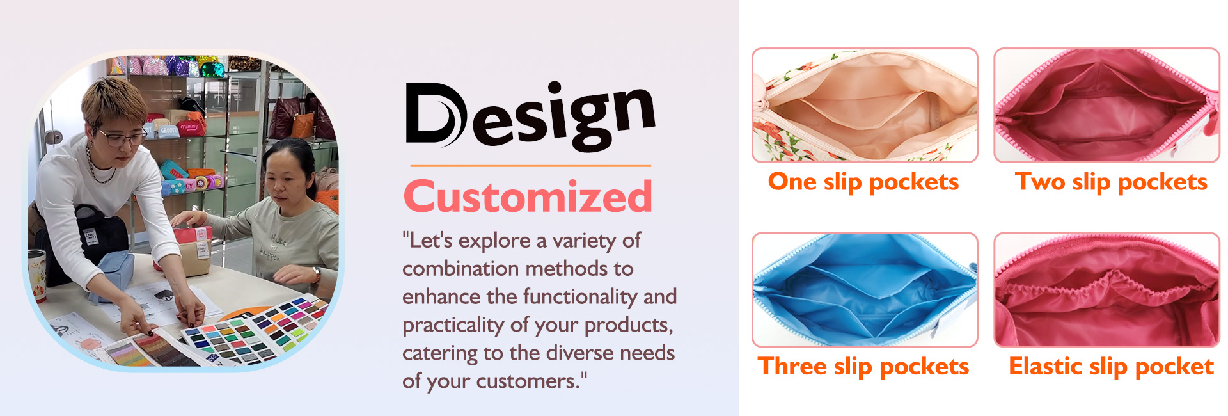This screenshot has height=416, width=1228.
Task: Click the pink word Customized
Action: pyautogui.click(x=528, y=196)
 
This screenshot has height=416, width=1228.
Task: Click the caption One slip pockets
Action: pyautogui.click(x=863, y=182)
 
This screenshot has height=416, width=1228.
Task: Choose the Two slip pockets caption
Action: pyautogui.click(x=1111, y=182)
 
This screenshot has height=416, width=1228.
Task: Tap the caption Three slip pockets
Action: pyautogui.click(x=863, y=367)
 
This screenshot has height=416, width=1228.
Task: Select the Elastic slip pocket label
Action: pyautogui.click(x=1111, y=367)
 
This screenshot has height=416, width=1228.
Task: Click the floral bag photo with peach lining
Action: pyautogui.click(x=865, y=105)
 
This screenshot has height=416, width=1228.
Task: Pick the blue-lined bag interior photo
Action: pyautogui.click(x=865, y=290)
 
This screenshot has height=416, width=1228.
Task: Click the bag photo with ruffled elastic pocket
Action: pyautogui.click(x=1106, y=290)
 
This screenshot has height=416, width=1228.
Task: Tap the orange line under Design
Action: pyautogui.click(x=530, y=166)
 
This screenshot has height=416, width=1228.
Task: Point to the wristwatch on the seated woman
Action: pyautogui.click(x=316, y=275)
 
